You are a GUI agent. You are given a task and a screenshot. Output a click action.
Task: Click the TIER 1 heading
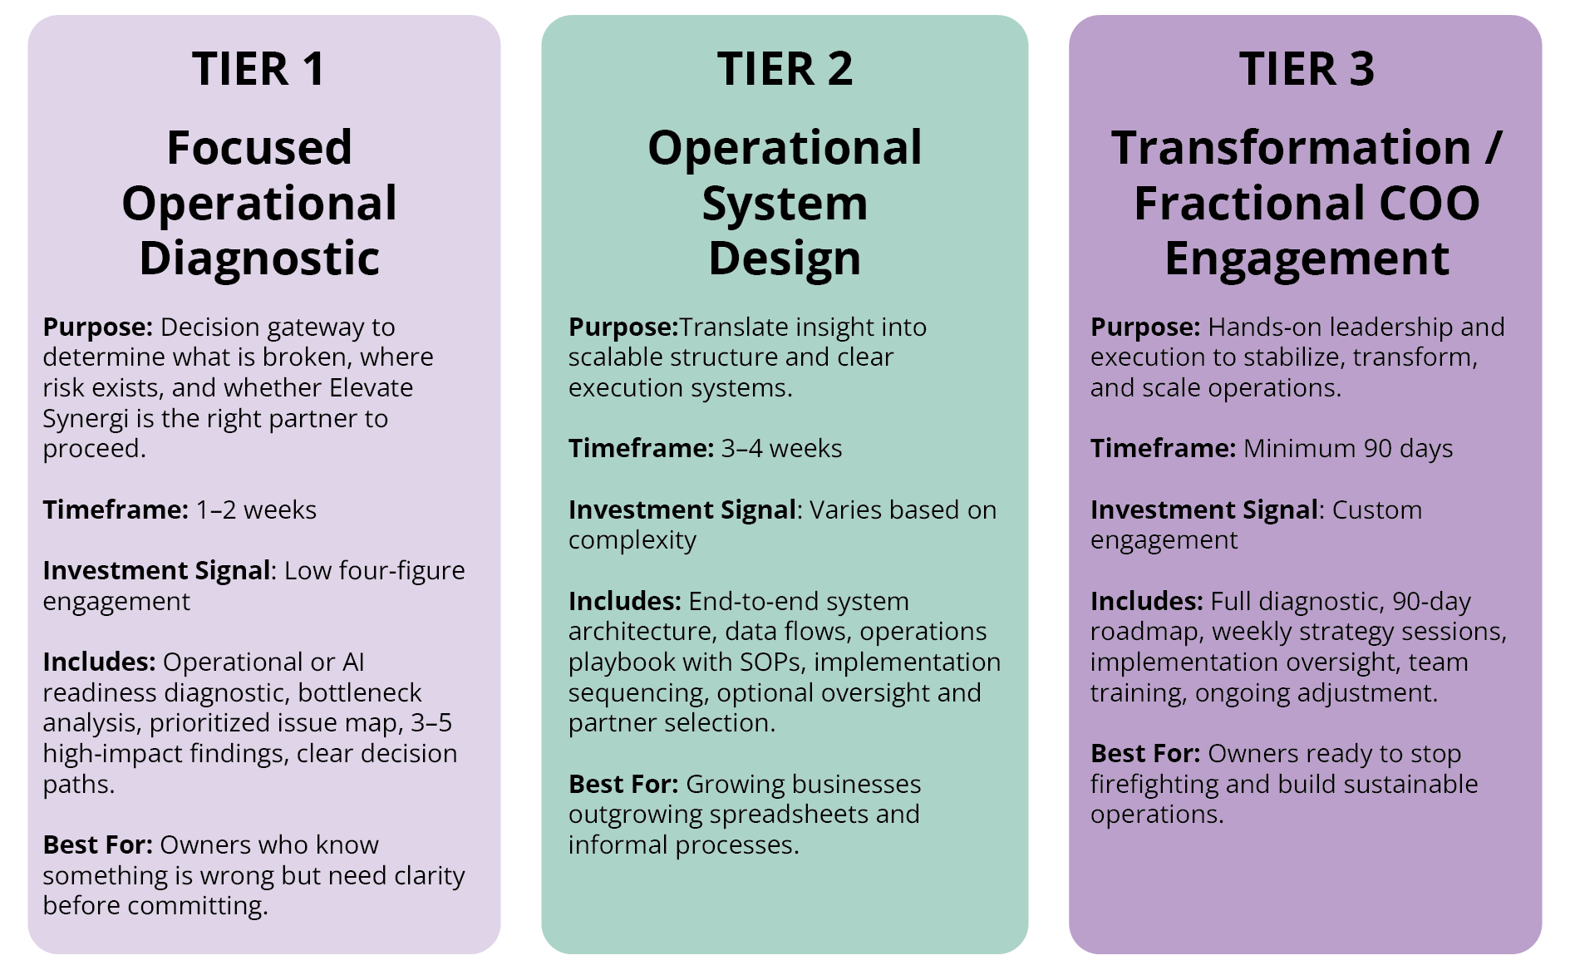pos(258,68)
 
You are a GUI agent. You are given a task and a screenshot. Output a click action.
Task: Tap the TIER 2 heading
pos(785,68)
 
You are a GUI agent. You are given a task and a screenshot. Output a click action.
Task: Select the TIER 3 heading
pos(1307,68)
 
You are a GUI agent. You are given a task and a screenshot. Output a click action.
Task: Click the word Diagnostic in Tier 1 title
pos(259,259)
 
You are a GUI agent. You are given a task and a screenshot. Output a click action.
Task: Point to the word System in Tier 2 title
pos(785,204)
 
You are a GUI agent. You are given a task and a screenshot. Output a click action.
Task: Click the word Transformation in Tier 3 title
pos(1291,148)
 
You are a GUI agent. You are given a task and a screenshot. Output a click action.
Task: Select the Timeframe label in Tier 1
pos(116,510)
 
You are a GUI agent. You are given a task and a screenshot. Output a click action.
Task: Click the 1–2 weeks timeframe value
pos(256,510)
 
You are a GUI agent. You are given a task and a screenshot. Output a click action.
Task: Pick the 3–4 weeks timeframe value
pos(781,449)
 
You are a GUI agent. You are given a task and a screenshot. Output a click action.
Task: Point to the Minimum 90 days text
pos(1348,449)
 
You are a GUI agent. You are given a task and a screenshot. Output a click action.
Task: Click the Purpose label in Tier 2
pos(623,327)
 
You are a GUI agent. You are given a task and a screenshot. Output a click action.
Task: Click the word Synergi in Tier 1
pos(86,419)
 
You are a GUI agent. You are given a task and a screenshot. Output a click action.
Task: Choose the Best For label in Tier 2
pos(623,784)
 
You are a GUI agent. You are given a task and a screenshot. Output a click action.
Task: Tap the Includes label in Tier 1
pos(99,662)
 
